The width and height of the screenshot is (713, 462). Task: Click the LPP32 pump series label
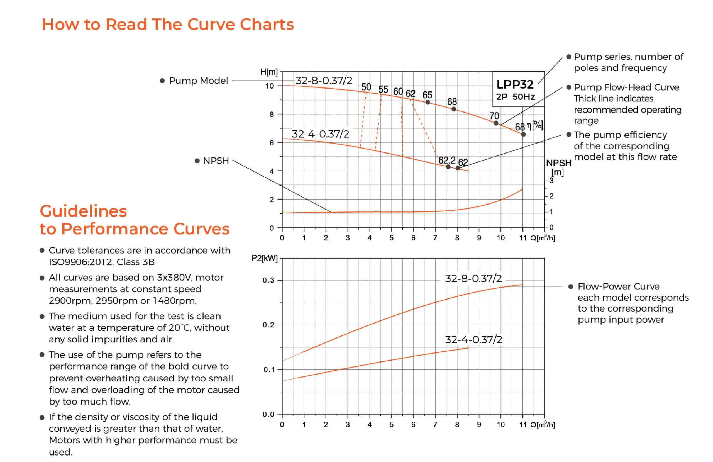515,84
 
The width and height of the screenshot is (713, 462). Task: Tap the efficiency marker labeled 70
496,123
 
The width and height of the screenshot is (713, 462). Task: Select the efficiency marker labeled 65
428,102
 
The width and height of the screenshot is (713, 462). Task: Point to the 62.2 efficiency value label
447,161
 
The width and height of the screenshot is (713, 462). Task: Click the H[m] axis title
269,72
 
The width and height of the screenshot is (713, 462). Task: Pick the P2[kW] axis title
265,258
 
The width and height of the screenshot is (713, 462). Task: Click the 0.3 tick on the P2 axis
268,280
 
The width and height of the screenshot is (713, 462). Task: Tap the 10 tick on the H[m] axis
269,86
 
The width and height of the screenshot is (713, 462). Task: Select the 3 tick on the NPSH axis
551,181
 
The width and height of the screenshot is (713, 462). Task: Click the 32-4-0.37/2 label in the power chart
473,340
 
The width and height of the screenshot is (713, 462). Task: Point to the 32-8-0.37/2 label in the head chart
324,81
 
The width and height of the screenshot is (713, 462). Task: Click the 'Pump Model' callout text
198,81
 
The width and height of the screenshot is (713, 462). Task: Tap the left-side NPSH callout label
216,161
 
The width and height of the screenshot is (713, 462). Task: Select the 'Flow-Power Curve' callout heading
618,286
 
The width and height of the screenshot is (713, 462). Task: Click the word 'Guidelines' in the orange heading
83,211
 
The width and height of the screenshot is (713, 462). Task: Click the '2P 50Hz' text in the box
515,97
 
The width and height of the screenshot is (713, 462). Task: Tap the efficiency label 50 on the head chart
366,87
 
